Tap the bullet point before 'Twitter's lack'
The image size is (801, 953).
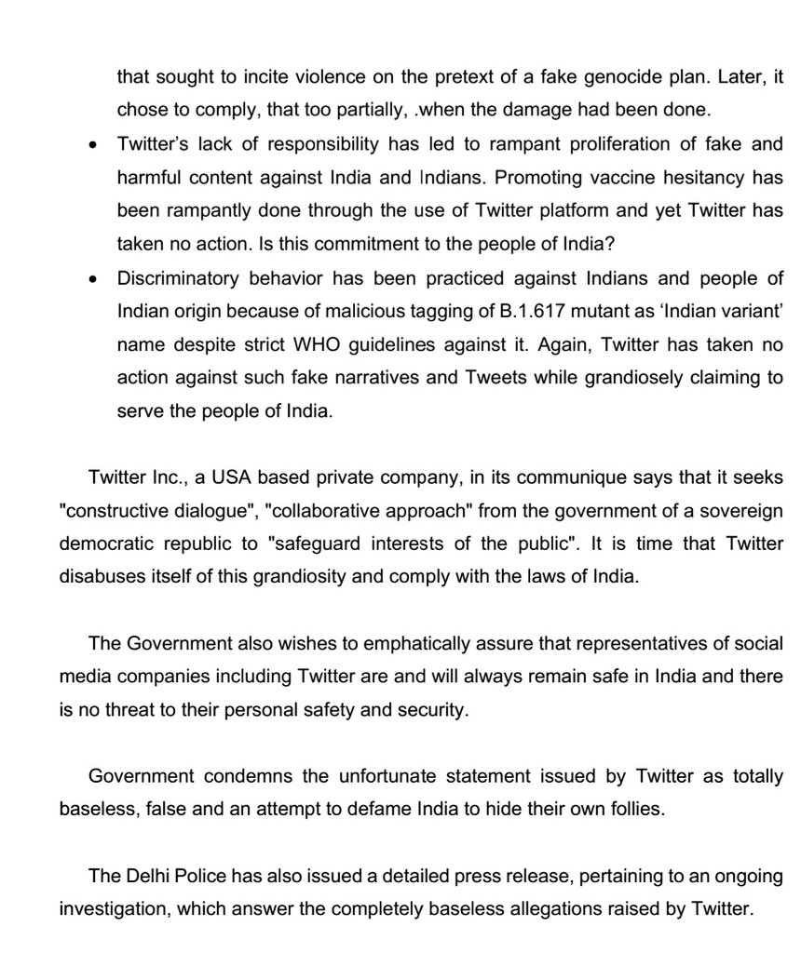(x=92, y=144)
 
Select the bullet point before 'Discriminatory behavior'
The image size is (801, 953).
(x=92, y=278)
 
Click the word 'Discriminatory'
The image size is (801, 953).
(x=173, y=278)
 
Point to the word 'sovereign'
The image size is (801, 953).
(x=738, y=511)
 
